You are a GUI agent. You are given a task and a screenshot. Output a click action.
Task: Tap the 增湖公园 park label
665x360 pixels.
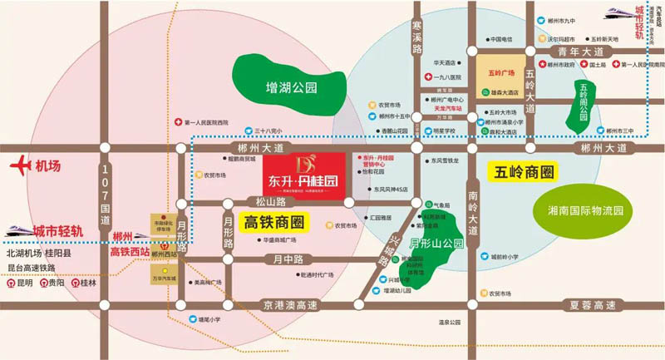pyautogui.click(x=288, y=87)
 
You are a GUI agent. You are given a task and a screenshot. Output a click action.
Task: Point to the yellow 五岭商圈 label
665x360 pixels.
pyautogui.click(x=523, y=173)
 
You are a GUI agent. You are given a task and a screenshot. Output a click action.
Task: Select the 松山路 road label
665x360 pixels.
pyautogui.click(x=274, y=201)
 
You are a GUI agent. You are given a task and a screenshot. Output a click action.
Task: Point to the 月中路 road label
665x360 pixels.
pyautogui.click(x=284, y=259)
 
